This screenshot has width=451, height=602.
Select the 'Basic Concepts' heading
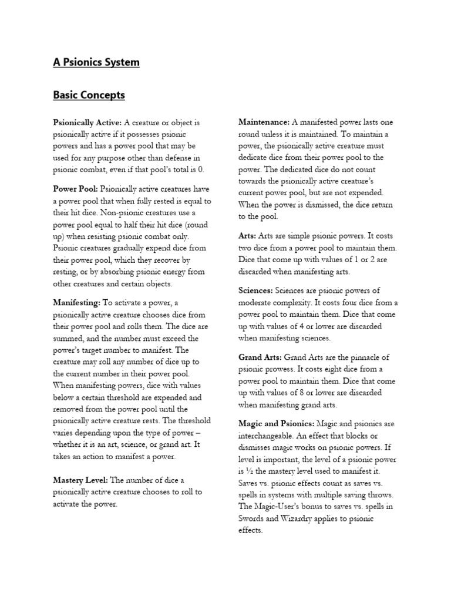[89, 95]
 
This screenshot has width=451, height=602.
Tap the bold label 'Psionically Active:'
[87, 122]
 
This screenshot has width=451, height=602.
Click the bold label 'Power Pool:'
[76, 189]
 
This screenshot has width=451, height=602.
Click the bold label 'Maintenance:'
[264, 122]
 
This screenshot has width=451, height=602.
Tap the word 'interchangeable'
[267, 436]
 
